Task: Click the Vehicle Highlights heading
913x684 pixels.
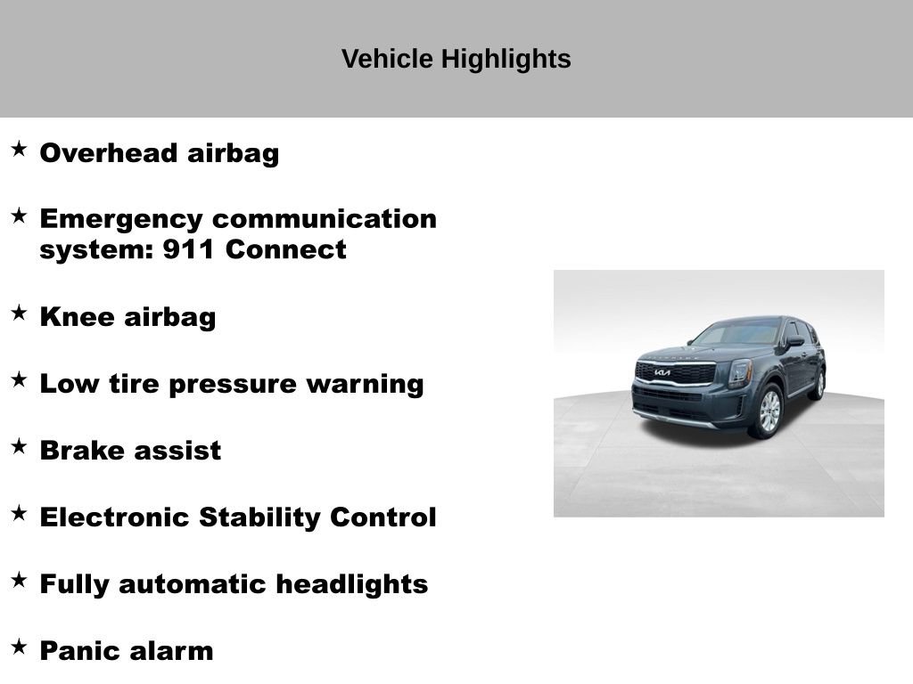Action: pos(456,60)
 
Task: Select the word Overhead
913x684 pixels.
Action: pos(109,153)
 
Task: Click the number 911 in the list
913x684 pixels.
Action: pos(188,250)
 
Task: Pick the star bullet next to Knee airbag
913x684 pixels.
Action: pos(19,313)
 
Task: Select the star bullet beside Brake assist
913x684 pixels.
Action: pos(19,446)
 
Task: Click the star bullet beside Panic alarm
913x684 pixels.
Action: pos(19,647)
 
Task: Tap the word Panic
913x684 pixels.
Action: pos(79,651)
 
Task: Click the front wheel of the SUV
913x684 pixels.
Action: pos(769,411)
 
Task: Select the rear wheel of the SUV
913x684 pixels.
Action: pos(818,384)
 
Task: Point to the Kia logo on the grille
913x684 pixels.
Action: pos(662,372)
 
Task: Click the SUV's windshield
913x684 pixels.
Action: pos(736,334)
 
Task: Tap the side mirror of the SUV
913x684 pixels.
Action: pos(794,341)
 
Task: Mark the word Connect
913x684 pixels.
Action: pos(285,250)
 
